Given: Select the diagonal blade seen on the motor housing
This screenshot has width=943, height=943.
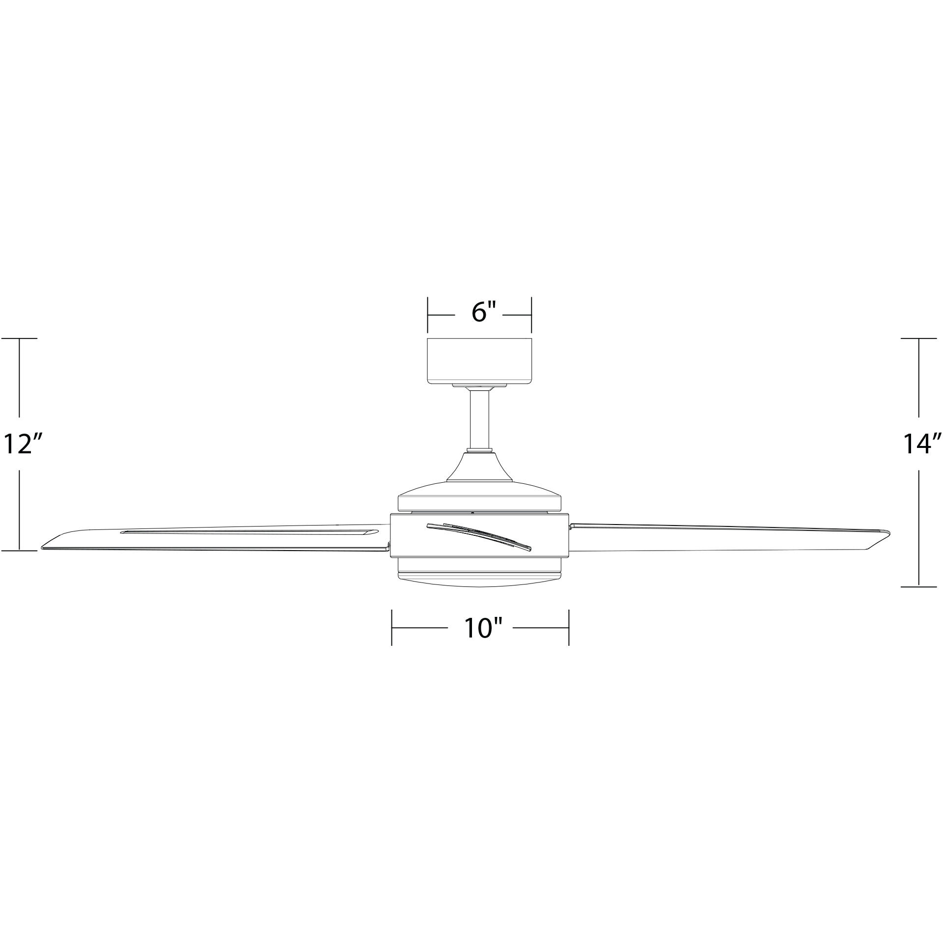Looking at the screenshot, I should tap(479, 535).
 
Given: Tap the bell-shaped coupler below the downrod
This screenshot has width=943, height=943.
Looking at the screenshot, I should tap(479, 467).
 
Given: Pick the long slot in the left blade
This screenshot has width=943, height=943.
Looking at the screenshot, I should tap(248, 532).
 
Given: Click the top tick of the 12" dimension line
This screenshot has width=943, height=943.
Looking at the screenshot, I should tap(20, 338).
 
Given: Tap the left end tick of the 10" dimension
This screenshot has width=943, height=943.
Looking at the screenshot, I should tap(391, 628).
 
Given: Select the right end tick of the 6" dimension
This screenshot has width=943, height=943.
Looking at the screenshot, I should tap(531, 314).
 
